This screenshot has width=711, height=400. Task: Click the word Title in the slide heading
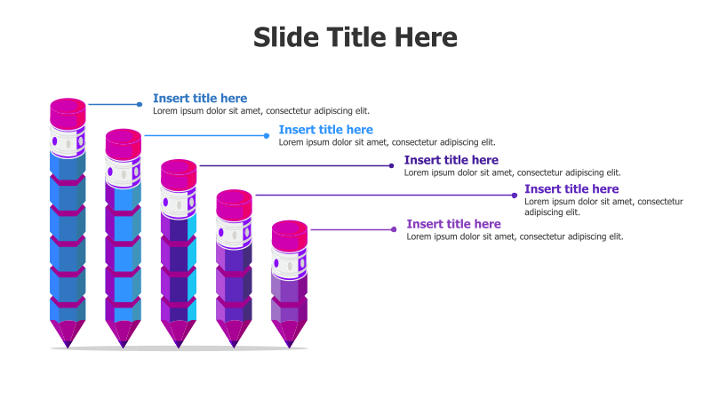coord(356,37)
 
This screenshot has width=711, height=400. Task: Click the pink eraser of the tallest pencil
coord(68,114)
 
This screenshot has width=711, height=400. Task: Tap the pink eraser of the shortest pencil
coord(290,236)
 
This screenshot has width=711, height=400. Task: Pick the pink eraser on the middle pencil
coord(179,174)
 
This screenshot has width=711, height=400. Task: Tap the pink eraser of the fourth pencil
coord(234,204)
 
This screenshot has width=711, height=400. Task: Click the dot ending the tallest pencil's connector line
coord(140,104)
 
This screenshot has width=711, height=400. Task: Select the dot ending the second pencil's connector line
coord(267,136)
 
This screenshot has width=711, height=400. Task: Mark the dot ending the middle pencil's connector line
coord(391,165)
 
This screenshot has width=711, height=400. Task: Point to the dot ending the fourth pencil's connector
coord(515,196)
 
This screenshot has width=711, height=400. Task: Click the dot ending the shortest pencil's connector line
coord(394,229)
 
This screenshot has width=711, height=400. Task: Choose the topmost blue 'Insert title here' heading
coord(200,99)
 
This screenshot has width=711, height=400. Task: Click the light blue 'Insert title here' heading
coord(326,130)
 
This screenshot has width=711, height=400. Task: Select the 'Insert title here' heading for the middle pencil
coord(451,160)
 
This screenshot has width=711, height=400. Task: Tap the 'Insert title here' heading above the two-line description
coord(571,189)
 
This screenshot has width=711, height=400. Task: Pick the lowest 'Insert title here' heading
coord(454,224)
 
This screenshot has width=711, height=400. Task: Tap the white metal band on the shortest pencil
coord(290,263)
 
